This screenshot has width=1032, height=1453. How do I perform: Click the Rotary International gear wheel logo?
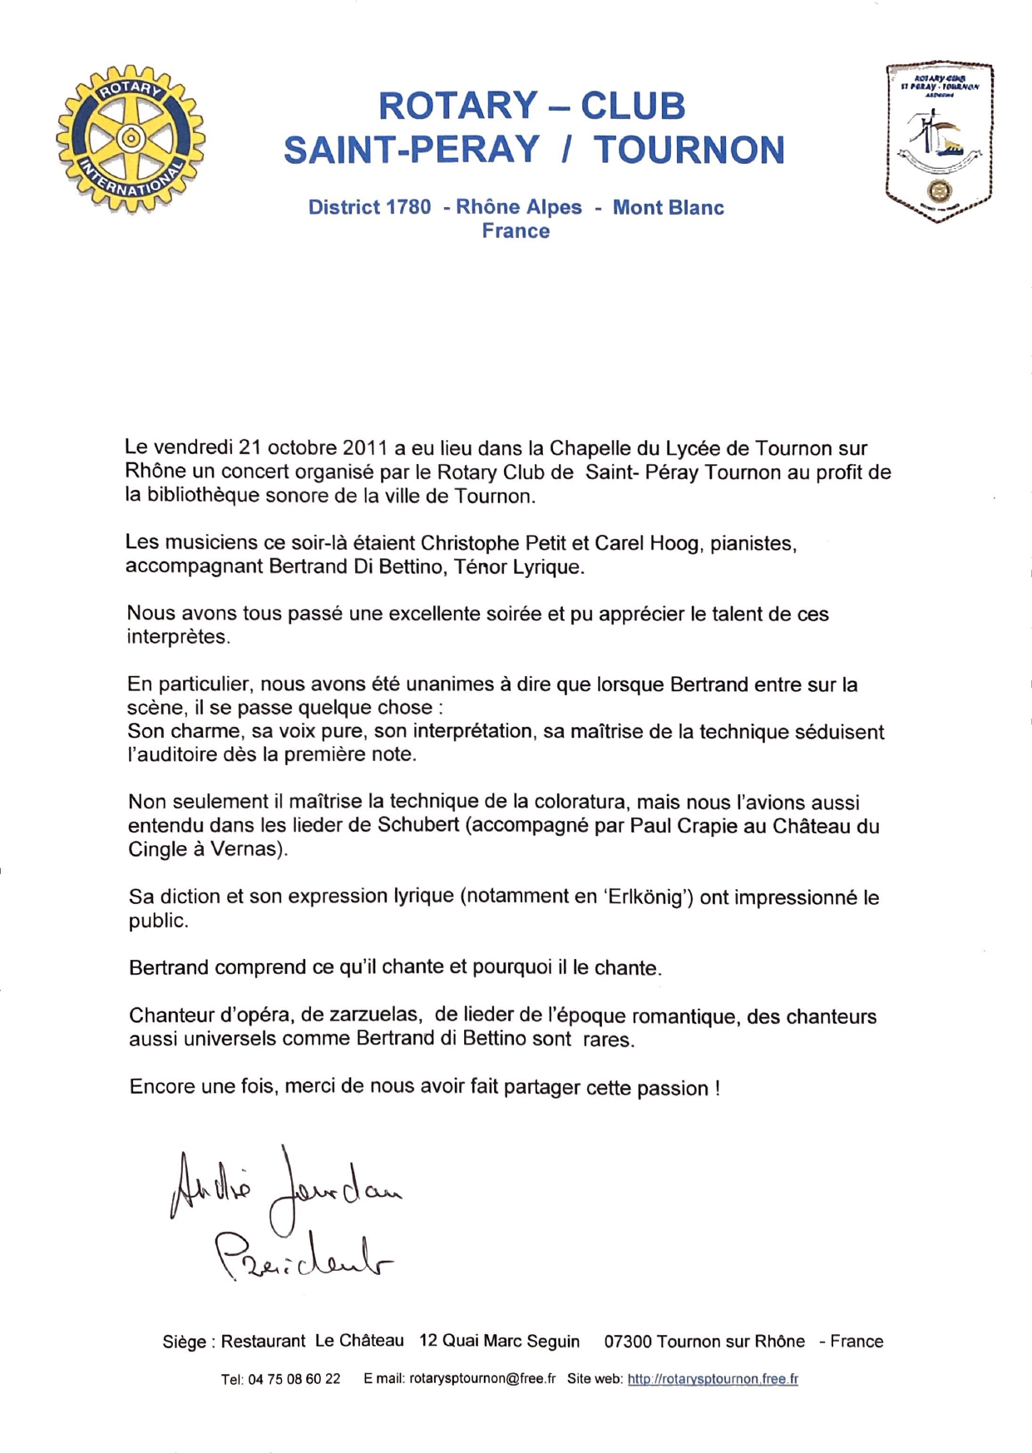[x=131, y=138]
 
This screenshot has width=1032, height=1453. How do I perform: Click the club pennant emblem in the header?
[x=939, y=142]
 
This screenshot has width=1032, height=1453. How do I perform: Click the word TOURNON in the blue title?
[x=689, y=150]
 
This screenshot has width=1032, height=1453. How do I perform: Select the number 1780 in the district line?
[x=404, y=207]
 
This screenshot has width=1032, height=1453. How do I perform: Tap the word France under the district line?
[x=516, y=231]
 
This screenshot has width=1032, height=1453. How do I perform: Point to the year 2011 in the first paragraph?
[x=365, y=448]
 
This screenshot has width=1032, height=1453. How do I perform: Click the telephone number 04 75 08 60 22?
[x=294, y=1379]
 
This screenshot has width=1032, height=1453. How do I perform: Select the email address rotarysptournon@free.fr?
[x=482, y=1379]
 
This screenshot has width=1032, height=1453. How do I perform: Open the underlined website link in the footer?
[x=713, y=1379]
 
